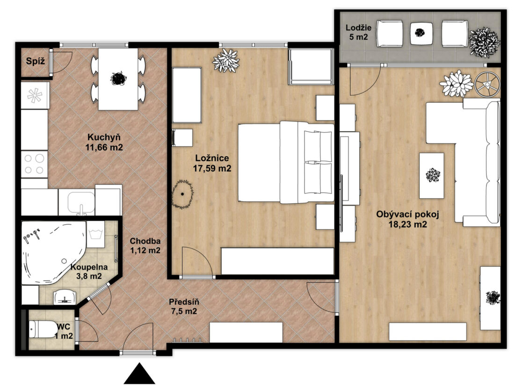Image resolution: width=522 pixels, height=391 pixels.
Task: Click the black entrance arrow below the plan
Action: [139, 374]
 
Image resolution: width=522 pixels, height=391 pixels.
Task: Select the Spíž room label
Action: [35, 61]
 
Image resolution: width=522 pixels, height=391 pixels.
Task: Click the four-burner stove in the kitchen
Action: [34, 164]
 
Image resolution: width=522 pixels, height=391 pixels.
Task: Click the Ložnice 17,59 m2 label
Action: [212, 163]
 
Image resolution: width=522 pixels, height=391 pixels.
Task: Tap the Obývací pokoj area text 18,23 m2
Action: [408, 224]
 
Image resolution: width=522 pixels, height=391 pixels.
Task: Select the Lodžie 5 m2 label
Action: [358, 32]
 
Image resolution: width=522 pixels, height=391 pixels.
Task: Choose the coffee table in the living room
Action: [432, 175]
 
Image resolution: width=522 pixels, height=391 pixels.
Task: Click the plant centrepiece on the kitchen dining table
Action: [118, 78]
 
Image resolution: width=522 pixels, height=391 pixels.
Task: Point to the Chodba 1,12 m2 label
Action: [145, 246]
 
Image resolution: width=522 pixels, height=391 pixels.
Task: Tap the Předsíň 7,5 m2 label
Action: [184, 306]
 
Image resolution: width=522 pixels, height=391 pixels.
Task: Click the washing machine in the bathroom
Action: [95, 235]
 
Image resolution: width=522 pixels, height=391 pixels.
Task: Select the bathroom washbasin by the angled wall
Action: [65, 297]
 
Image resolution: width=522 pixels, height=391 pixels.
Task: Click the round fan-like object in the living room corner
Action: [487, 85]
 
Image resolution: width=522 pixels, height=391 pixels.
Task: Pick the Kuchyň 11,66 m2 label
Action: [104, 142]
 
